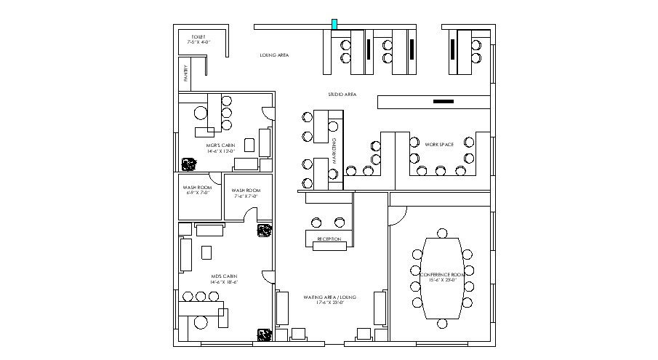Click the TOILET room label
(198, 36)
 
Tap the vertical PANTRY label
(185, 73)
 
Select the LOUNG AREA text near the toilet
(275, 55)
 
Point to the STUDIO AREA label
(341, 95)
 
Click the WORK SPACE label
(439, 145)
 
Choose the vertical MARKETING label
(334, 149)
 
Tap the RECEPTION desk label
(329, 239)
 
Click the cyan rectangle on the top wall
(334, 25)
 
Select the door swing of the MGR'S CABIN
(268, 113)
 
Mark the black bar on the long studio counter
(442, 102)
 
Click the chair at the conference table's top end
(441, 233)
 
